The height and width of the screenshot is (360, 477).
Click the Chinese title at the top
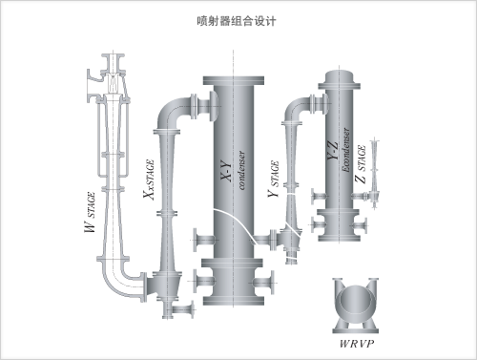(237, 21)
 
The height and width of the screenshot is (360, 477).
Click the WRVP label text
(357, 344)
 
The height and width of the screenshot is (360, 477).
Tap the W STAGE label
(90, 212)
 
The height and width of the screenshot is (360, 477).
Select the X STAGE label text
(149, 180)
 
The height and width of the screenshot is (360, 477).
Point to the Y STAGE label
(274, 179)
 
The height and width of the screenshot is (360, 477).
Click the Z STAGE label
(361, 163)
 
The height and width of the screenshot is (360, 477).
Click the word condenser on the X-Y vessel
(241, 170)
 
